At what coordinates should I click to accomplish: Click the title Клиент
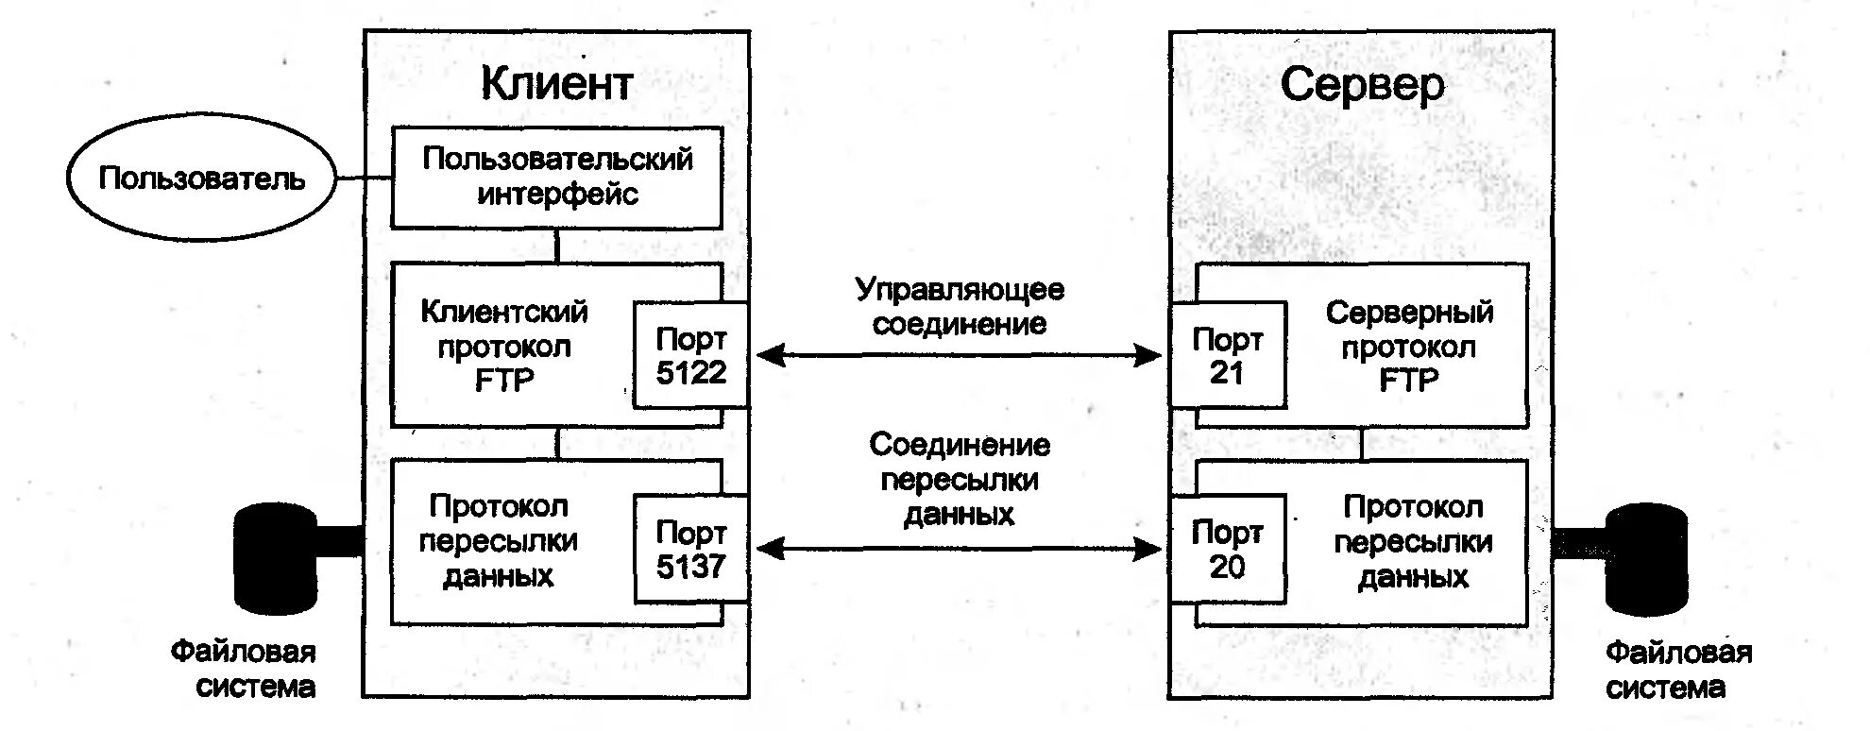(556, 83)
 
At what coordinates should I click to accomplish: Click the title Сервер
(1362, 85)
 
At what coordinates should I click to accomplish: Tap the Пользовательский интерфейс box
(557, 177)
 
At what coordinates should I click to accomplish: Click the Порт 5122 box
(690, 356)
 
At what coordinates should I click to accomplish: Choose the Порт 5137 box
(690, 549)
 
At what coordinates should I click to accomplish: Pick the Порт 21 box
(1227, 356)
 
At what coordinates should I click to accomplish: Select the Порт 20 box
(1227, 549)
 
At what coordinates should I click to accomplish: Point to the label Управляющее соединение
(960, 306)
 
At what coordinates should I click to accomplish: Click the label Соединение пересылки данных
(960, 479)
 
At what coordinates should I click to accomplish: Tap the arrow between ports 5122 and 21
(960, 355)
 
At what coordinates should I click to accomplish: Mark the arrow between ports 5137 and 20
(960, 549)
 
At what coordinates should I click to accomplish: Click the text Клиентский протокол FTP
(504, 346)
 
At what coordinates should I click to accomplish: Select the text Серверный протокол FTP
(1409, 346)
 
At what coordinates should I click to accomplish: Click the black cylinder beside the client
(276, 558)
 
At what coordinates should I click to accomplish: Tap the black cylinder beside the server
(1646, 558)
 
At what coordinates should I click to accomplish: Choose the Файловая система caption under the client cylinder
(244, 669)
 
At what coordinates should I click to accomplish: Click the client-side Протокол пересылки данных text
(499, 541)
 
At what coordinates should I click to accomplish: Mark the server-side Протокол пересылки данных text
(1413, 542)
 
